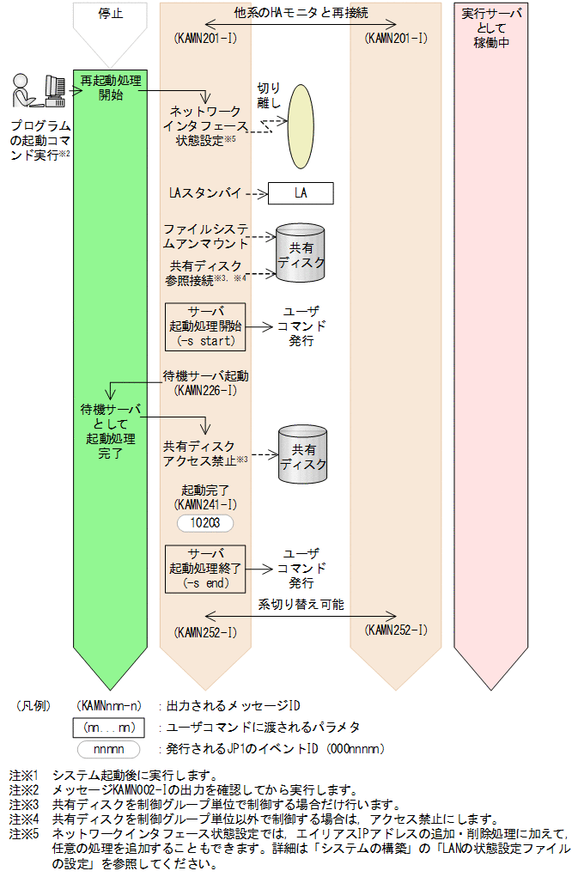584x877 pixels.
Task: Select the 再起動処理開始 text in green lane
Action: pos(111,88)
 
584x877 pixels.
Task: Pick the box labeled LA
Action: pos(300,193)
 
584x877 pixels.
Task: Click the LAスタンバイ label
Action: pos(206,193)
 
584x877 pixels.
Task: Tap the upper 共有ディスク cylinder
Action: pos(300,252)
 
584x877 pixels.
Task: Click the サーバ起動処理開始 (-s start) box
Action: pos(204,326)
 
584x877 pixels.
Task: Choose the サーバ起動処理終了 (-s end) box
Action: pos(204,568)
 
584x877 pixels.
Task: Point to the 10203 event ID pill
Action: pos(204,521)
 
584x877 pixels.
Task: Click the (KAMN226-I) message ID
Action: pos(205,390)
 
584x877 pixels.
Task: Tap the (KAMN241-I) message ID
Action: pos(204,503)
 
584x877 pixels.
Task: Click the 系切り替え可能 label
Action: pos(301,605)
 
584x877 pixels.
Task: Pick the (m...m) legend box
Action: pos(109,727)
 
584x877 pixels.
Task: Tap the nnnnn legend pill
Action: pos(109,748)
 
